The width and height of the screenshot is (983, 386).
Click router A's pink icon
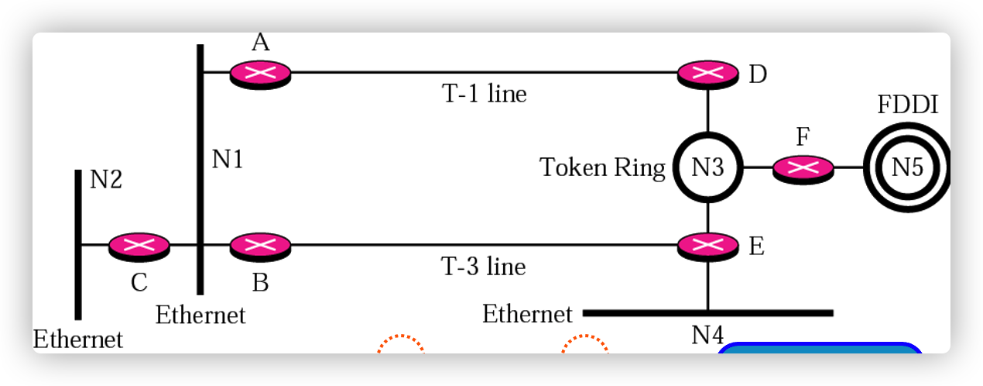260,73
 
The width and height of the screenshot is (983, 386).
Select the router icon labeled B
260,246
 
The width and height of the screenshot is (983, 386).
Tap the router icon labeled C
139,246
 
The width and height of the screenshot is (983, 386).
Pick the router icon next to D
707,74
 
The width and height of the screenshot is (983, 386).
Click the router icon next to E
707,246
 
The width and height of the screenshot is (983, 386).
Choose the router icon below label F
803,167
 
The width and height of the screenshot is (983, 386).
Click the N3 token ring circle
707,167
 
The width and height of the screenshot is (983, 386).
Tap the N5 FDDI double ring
907,167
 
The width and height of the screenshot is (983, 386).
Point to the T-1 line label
484,95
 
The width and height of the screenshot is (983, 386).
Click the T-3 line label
484,267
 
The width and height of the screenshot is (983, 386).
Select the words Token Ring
602,167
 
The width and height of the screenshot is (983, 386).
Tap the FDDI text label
907,105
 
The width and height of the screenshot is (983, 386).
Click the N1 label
228,160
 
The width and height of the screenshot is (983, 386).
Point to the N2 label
106,180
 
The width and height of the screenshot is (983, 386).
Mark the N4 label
707,335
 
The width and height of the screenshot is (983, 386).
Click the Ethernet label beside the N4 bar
527,314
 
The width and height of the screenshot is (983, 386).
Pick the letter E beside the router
756,246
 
